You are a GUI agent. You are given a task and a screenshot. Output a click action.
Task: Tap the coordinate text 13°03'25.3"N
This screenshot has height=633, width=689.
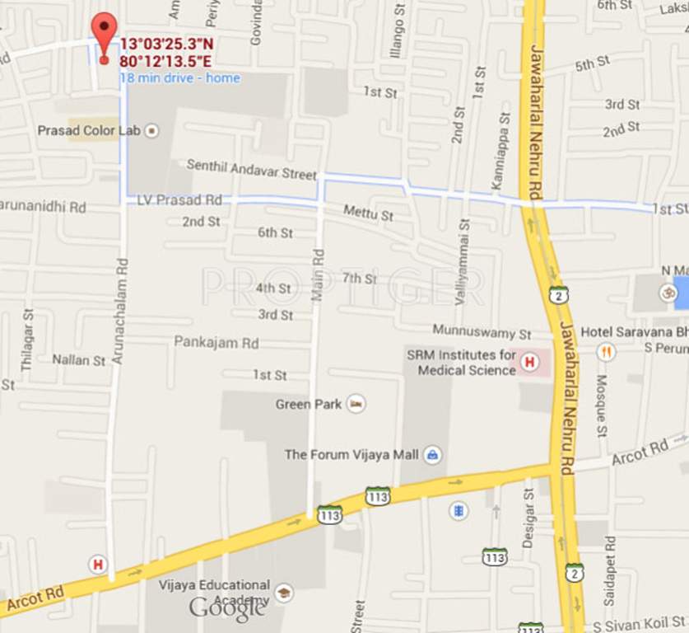(x=166, y=45)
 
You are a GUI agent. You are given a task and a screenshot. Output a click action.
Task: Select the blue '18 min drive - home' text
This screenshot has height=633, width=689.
(x=180, y=78)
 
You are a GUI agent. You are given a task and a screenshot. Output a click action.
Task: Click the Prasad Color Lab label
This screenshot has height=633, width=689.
(x=90, y=131)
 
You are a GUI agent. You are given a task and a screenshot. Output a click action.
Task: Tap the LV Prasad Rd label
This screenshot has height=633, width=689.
(x=179, y=199)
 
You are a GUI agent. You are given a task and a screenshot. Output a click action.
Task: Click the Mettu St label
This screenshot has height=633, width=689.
(x=368, y=214)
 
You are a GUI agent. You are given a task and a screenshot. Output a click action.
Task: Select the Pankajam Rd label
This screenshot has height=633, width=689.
(x=216, y=342)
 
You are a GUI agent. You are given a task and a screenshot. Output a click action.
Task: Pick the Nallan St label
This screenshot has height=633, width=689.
(x=79, y=360)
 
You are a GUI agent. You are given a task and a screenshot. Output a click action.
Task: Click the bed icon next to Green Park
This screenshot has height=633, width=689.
(x=356, y=404)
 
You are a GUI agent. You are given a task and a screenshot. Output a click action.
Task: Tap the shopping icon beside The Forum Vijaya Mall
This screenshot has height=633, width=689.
(x=432, y=454)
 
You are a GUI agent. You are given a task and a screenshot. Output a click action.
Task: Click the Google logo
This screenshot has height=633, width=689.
(x=227, y=609)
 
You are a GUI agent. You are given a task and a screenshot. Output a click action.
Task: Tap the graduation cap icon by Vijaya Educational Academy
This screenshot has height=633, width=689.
(x=284, y=592)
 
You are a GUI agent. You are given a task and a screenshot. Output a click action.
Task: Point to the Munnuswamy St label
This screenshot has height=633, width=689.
(x=482, y=334)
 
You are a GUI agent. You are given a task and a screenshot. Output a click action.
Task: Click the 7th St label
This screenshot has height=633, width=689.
(x=359, y=278)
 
